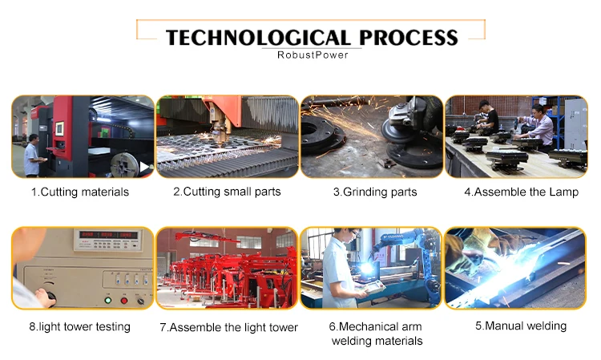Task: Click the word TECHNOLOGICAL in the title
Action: (258, 38)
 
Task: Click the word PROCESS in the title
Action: (409, 38)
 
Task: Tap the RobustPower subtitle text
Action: (313, 55)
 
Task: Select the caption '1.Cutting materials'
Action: (80, 192)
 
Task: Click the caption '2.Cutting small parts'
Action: (227, 192)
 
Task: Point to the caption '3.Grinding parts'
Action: (375, 192)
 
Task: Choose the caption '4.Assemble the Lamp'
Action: (522, 192)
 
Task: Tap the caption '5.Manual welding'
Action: (521, 326)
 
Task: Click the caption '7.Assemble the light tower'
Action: (229, 327)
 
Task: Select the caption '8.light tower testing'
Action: (79, 326)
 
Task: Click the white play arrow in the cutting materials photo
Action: (144, 167)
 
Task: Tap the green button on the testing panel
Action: (108, 300)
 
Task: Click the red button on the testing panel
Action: (123, 300)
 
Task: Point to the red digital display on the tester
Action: (107, 235)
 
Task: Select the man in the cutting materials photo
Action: (32, 156)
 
